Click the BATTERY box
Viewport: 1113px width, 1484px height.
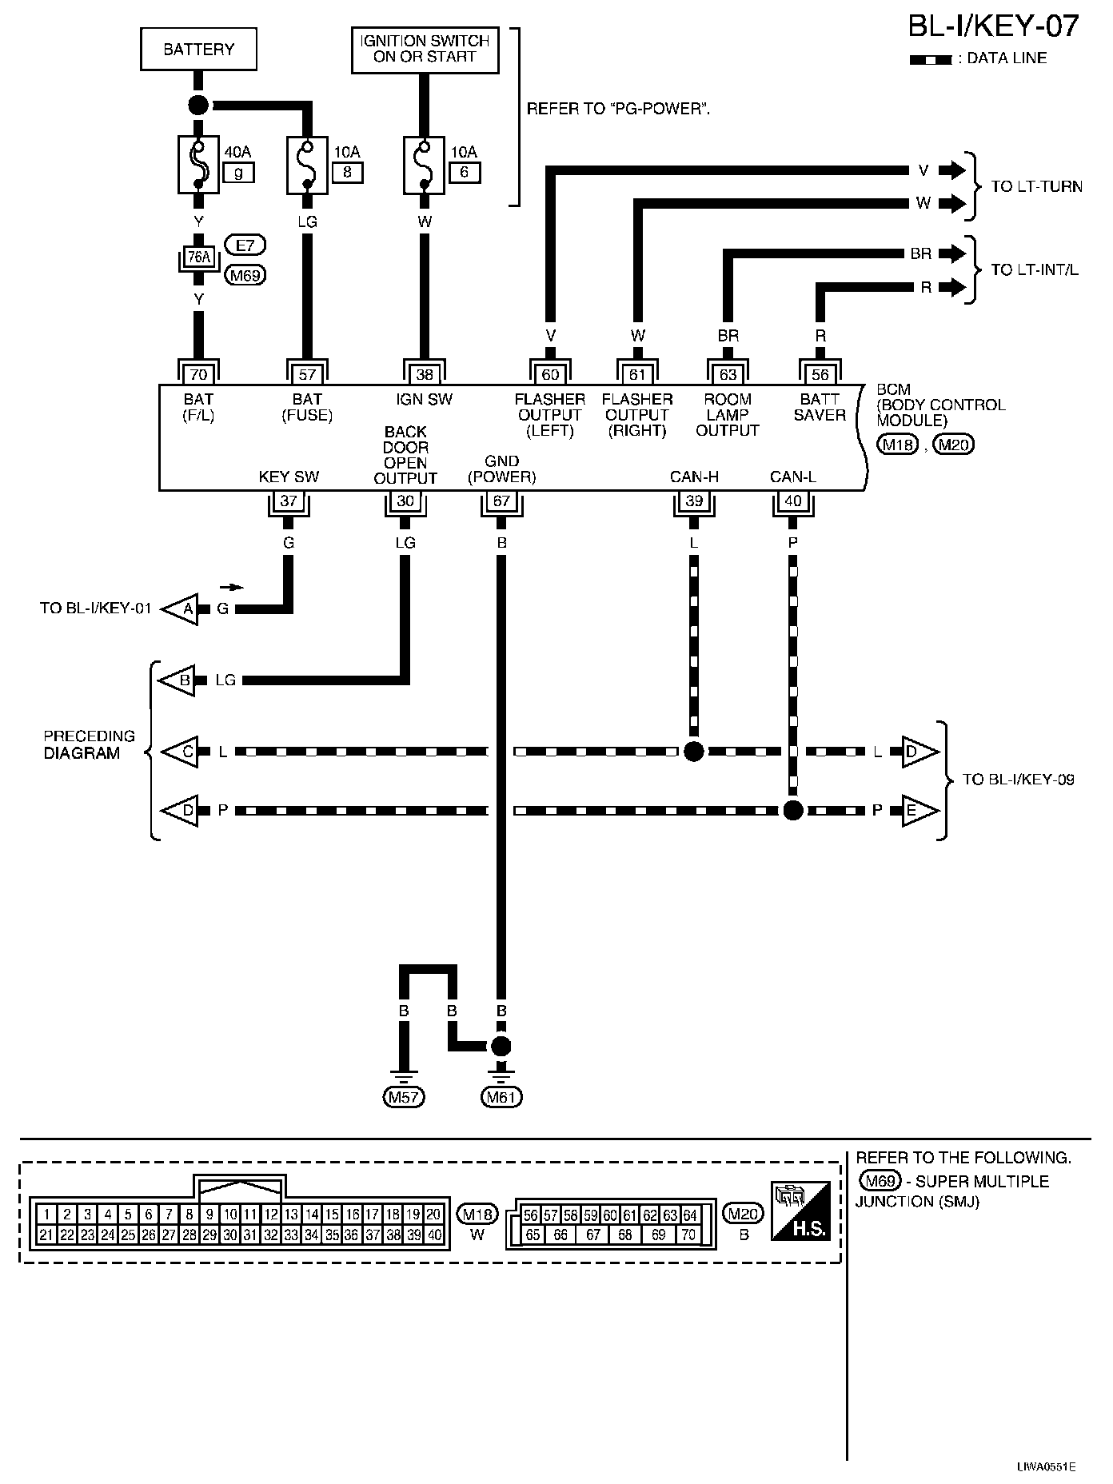(x=198, y=50)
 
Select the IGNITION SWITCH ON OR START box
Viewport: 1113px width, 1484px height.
(x=425, y=50)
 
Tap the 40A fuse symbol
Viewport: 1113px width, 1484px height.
(x=198, y=164)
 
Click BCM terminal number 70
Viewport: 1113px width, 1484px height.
(x=198, y=374)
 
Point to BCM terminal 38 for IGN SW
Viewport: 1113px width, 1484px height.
(x=425, y=374)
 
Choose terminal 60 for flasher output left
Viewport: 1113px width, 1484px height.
(x=550, y=374)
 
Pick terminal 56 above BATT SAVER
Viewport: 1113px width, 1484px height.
(x=820, y=374)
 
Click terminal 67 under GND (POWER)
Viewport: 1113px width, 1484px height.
(x=501, y=501)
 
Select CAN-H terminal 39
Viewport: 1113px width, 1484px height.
(x=693, y=501)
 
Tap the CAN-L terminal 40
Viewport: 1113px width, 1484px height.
(x=792, y=501)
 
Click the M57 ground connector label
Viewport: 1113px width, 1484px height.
(x=404, y=1098)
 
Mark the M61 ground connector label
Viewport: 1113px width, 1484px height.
(x=501, y=1098)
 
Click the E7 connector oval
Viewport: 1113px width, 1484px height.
(x=245, y=245)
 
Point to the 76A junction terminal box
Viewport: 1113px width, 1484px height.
(x=198, y=257)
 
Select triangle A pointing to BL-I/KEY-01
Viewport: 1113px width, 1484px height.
(x=182, y=609)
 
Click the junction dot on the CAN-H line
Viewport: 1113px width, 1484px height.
(x=693, y=752)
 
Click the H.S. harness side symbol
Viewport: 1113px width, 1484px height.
(x=800, y=1211)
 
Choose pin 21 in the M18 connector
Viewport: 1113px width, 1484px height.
(x=46, y=1235)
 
